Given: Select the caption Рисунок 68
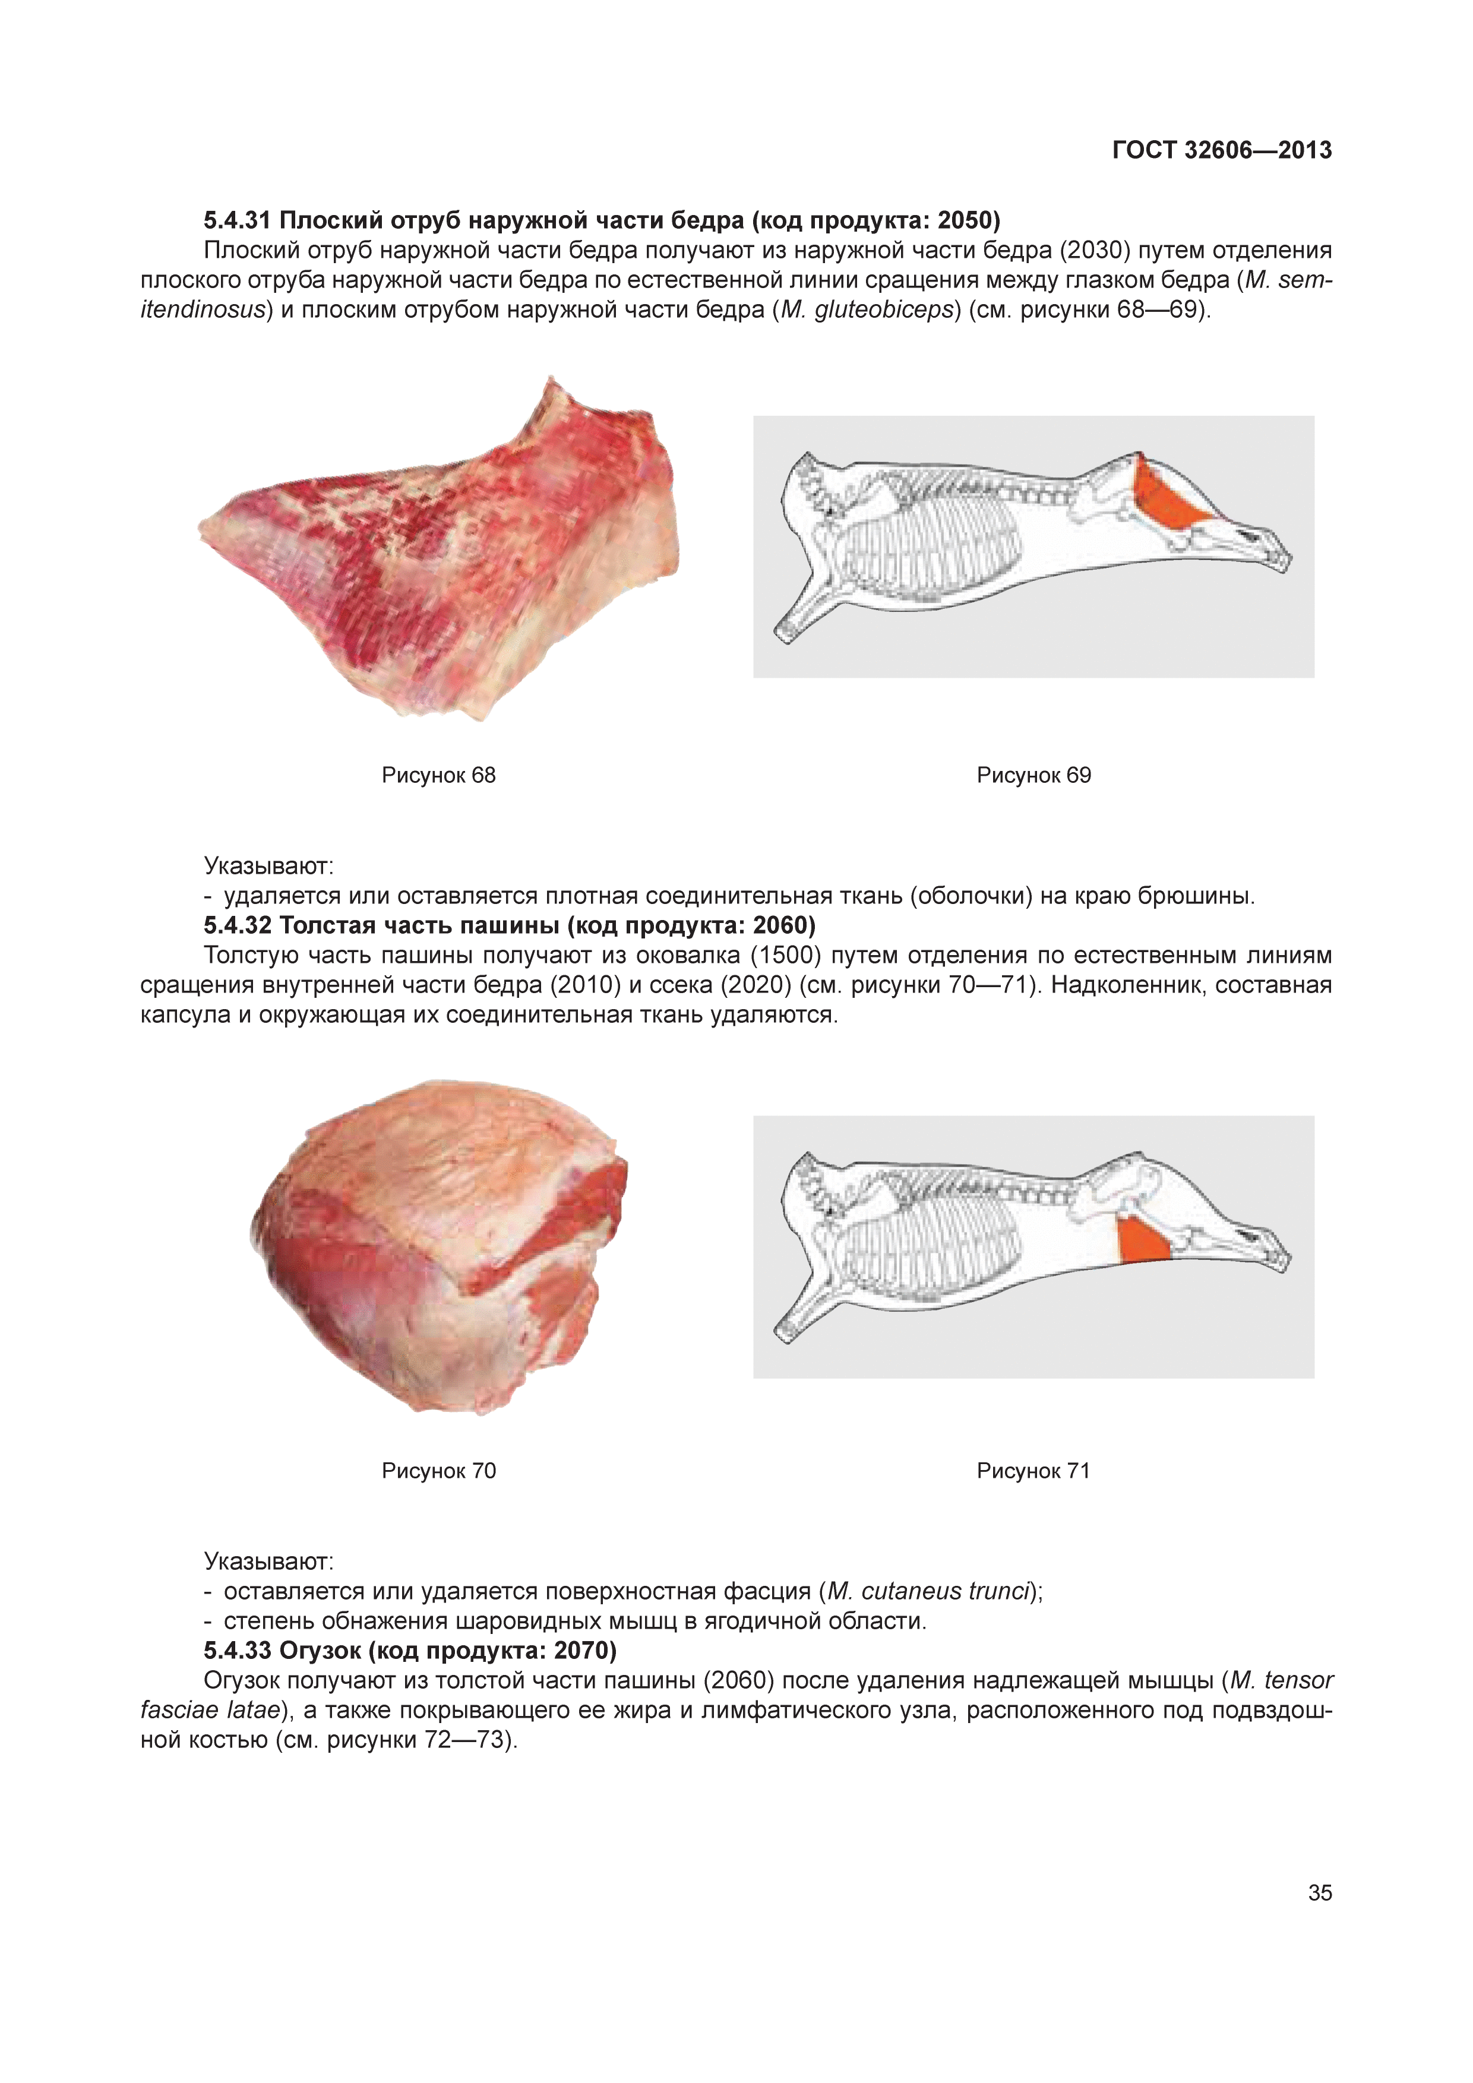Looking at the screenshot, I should (x=438, y=776).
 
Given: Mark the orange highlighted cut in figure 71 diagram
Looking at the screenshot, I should (x=1145, y=1239).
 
